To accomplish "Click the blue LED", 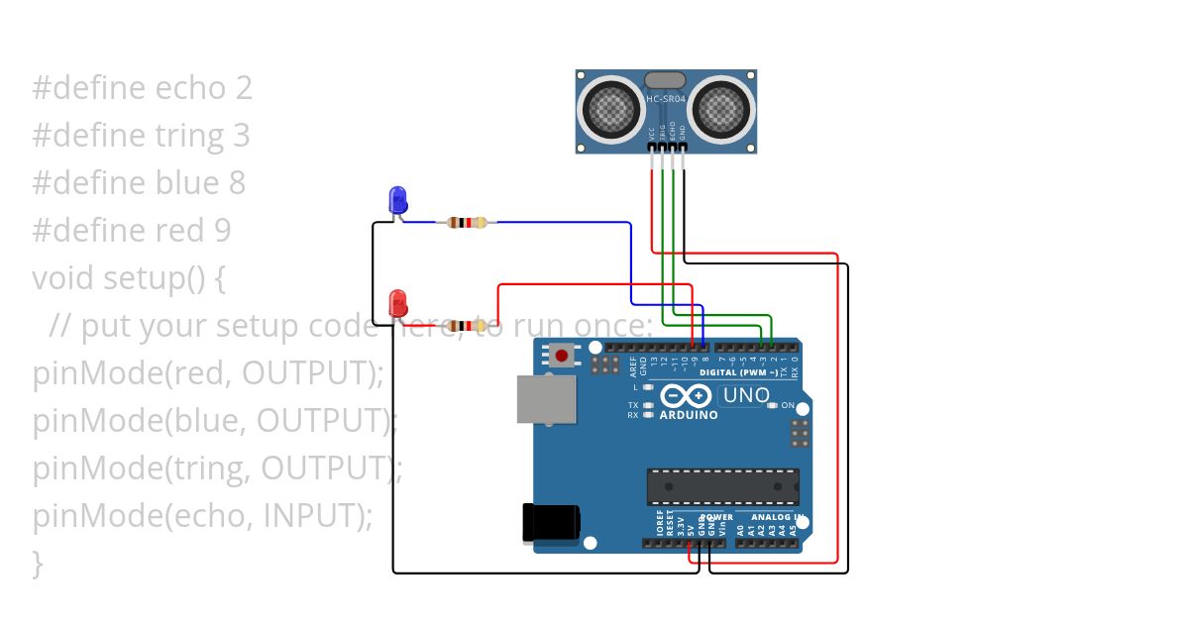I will [x=397, y=199].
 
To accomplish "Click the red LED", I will [x=397, y=302].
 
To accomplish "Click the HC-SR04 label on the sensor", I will [x=666, y=99].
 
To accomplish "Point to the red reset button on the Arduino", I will [x=563, y=355].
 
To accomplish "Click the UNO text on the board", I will [x=746, y=395].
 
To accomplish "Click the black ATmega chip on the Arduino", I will [x=722, y=486].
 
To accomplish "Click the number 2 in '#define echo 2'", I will [x=244, y=88].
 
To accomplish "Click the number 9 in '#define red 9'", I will [x=222, y=231].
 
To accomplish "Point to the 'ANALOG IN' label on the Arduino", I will [x=777, y=517].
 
